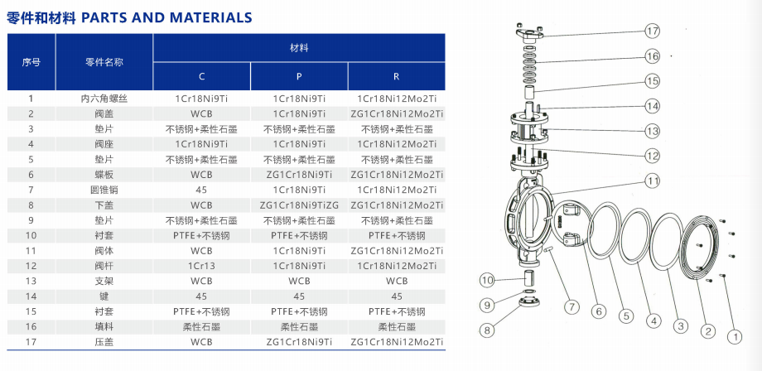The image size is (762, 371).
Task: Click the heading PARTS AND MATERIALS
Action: pyautogui.click(x=166, y=18)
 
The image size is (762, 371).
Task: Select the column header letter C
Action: pyautogui.click(x=201, y=77)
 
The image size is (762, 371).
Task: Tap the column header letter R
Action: pyautogui.click(x=397, y=77)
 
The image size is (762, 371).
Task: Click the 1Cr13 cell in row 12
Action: pyautogui.click(x=201, y=266)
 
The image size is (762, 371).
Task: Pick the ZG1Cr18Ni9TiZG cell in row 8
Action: pyautogui.click(x=299, y=205)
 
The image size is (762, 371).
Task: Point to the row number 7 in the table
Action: pyautogui.click(x=31, y=190)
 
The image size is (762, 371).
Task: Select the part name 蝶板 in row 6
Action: pyautogui.click(x=104, y=175)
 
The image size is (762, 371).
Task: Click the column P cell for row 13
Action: pyautogui.click(x=299, y=282)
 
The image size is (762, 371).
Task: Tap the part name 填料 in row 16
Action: pyautogui.click(x=104, y=326)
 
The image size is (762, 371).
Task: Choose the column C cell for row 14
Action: pyautogui.click(x=201, y=296)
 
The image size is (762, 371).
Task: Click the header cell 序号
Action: pyautogui.click(x=31, y=62)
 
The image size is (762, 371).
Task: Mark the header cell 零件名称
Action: pyautogui.click(x=104, y=62)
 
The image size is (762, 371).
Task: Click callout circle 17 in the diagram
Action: pyautogui.click(x=653, y=31)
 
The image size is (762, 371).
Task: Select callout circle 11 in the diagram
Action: pyautogui.click(x=653, y=181)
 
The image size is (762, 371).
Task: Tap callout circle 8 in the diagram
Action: pyautogui.click(x=487, y=330)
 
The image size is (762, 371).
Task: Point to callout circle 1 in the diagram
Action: pyautogui.click(x=735, y=336)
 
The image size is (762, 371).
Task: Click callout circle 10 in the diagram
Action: pyautogui.click(x=487, y=280)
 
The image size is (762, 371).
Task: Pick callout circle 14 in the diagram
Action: pyautogui.click(x=653, y=105)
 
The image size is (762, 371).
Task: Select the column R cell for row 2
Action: pyautogui.click(x=397, y=114)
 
